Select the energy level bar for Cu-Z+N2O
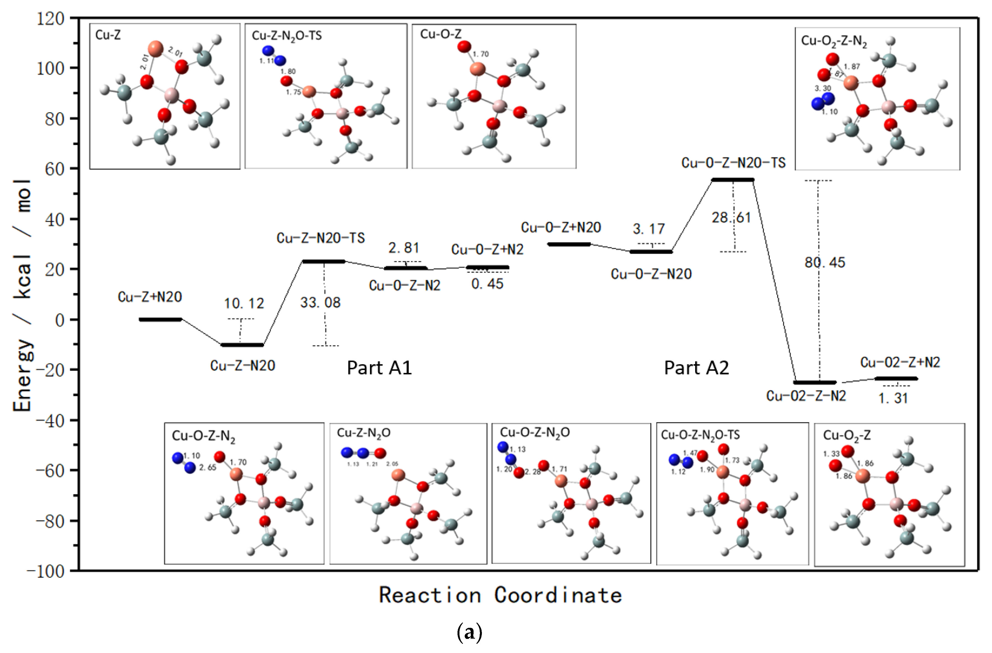tap(160, 319)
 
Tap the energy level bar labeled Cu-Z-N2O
tap(242, 345)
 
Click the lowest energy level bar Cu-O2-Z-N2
tap(815, 382)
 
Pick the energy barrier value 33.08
tap(320, 303)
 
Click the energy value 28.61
tap(731, 218)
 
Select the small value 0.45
tap(487, 284)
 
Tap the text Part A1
tap(379, 368)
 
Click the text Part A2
tap(697, 368)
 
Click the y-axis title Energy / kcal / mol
tap(23, 296)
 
